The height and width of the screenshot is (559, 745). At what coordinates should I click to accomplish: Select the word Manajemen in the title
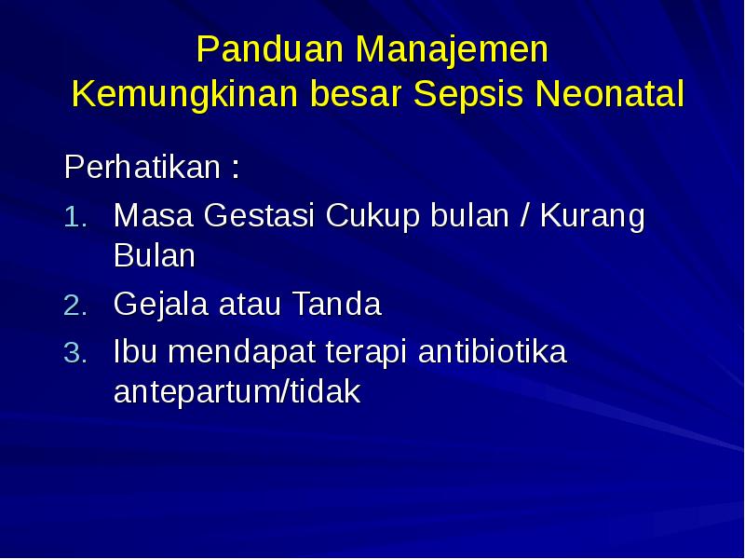tap(454, 50)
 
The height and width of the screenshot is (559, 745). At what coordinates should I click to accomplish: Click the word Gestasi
tap(261, 217)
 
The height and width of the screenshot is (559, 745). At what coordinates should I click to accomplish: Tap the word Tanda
tap(337, 305)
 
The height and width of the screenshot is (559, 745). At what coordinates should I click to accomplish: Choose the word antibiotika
tap(493, 353)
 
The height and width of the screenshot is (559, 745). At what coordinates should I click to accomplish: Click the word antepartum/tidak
tap(237, 392)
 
